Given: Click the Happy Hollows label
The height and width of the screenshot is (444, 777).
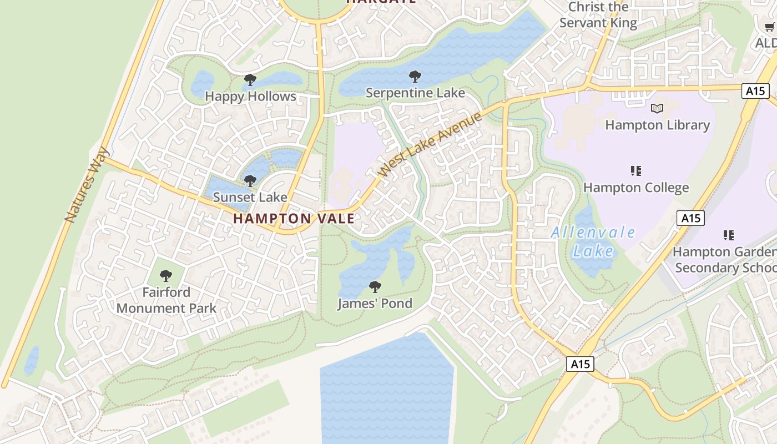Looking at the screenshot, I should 250,97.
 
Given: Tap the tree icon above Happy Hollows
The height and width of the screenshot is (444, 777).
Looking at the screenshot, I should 250,80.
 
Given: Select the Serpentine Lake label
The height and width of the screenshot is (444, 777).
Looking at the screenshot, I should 415,93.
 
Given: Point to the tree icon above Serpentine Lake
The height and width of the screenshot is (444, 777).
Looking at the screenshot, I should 415,77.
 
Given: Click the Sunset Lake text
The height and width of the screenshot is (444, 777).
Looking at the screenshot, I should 250,197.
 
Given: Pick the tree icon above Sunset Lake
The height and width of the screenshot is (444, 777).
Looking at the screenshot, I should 250,181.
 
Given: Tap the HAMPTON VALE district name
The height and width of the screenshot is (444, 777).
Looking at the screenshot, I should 294,219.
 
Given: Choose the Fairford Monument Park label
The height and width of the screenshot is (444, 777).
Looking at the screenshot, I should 167,300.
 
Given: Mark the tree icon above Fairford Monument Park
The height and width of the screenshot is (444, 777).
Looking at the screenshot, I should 166,276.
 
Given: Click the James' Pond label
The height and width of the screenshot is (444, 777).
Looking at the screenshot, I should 375,304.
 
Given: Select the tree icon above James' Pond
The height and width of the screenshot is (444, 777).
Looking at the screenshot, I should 375,287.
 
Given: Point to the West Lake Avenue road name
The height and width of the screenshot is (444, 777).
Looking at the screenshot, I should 430,145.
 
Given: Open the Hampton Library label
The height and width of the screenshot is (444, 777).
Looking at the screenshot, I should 657,125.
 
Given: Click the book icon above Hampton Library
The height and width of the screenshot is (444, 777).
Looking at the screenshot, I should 657,108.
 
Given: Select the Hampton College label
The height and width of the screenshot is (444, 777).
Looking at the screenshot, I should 636,188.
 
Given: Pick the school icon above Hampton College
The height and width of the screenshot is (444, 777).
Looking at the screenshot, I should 636,171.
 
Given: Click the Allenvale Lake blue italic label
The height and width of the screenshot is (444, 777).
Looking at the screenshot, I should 593,242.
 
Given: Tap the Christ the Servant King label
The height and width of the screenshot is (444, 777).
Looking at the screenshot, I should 598,15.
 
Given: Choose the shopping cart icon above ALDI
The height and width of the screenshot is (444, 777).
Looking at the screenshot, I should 770,27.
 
